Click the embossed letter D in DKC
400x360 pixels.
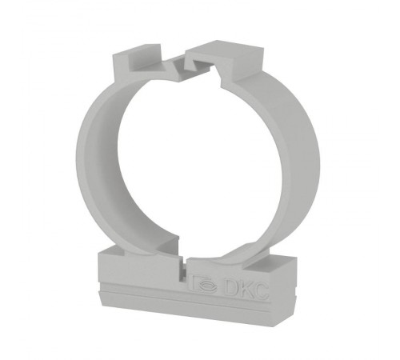pos(230,287)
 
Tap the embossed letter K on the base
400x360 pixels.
pos(245,289)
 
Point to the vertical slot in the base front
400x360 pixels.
pos(183,270)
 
